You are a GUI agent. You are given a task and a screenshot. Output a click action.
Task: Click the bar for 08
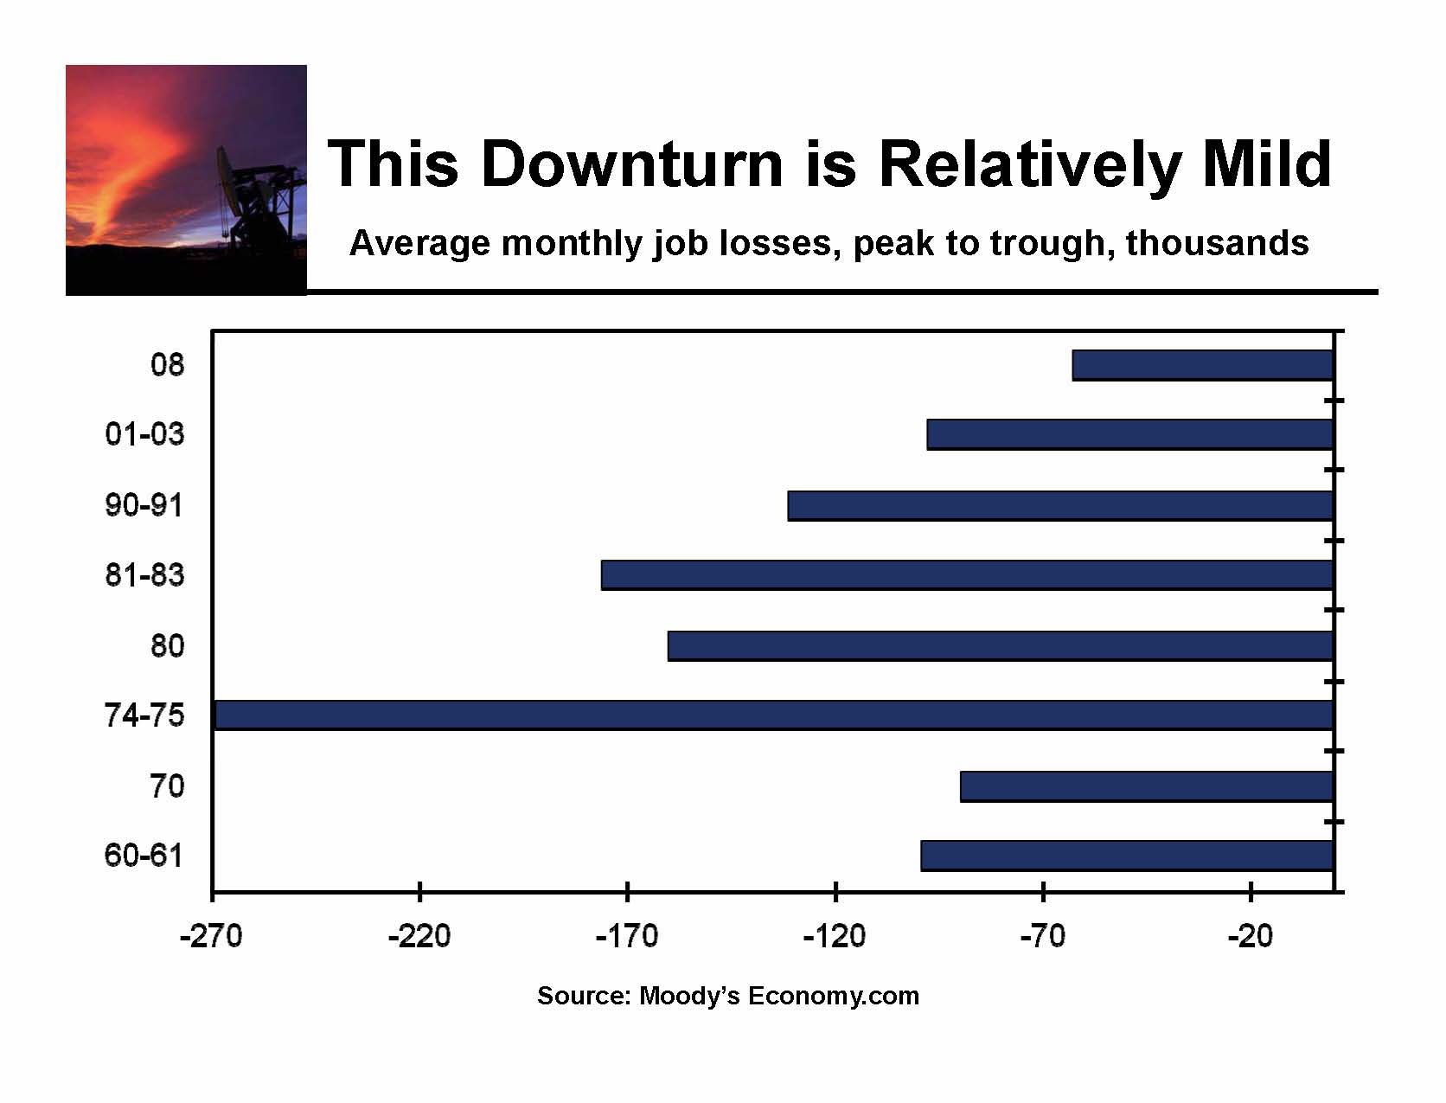[x=1203, y=365]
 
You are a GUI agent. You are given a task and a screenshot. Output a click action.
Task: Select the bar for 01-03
[x=1130, y=434]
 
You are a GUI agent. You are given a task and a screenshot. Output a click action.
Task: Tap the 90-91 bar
[x=1060, y=505]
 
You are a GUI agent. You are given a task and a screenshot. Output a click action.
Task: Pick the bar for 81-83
[x=968, y=574]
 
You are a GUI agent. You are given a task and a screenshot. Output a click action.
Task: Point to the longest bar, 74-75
[x=775, y=715]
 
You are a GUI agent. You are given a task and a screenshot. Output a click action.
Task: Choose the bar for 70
[x=1147, y=786]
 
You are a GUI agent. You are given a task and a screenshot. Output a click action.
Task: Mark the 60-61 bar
[x=1127, y=856]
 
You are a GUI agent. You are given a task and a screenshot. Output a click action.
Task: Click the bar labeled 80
[x=1001, y=645]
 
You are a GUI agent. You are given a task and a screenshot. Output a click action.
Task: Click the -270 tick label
[x=212, y=936]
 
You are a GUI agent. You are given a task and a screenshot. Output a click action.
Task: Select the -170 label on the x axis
[x=627, y=936]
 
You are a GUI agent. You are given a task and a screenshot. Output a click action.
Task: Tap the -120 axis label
[x=835, y=936]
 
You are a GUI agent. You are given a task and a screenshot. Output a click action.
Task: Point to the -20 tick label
[x=1251, y=936]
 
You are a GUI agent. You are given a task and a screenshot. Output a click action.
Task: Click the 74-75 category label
[x=144, y=715]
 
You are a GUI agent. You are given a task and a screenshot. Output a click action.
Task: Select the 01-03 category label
[x=144, y=434]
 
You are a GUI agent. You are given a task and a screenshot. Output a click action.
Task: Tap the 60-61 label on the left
[x=144, y=856]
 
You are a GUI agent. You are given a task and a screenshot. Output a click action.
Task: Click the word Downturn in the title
[x=632, y=164]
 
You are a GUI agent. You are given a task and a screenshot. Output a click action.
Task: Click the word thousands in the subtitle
[x=1218, y=242]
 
